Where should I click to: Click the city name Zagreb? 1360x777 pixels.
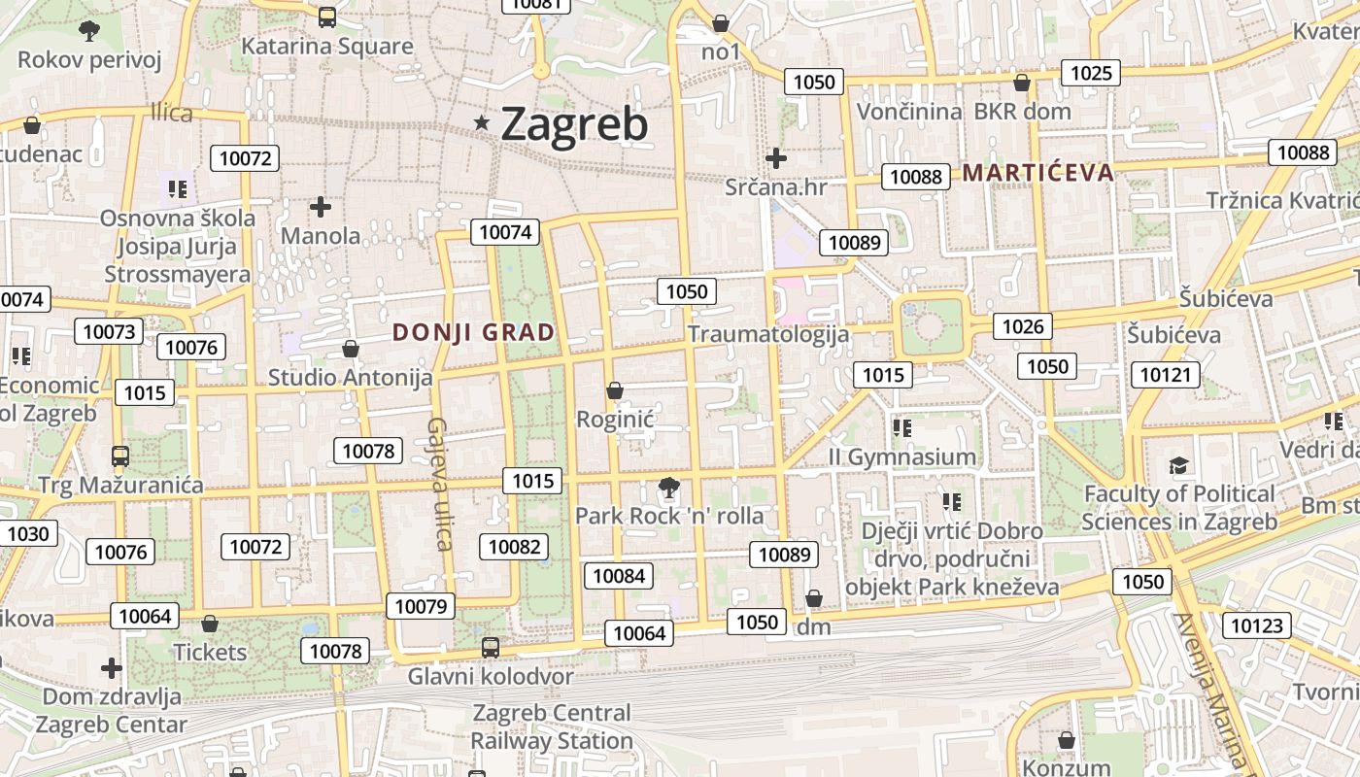573,124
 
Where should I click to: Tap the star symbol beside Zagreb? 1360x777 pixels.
481,122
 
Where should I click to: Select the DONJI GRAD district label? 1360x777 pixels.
473,332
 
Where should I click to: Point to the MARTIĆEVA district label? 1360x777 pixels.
1037,173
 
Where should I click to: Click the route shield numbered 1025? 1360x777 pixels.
1090,73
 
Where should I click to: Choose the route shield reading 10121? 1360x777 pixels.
1165,374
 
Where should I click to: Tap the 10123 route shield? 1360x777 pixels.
1256,625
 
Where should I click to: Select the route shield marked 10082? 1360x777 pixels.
514,547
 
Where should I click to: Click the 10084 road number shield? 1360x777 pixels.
619,576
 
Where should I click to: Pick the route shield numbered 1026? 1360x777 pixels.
1022,326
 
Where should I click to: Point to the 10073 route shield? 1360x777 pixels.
109,331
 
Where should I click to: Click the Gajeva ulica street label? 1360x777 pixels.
439,483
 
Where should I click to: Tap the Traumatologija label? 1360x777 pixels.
768,334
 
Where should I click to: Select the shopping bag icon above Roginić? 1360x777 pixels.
614,390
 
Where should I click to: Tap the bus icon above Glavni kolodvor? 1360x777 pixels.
491,647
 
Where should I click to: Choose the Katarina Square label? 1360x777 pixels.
326,46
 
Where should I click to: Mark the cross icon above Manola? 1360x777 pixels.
321,206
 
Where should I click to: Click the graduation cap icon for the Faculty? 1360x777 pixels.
1178,465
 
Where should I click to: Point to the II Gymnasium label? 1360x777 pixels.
901,456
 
